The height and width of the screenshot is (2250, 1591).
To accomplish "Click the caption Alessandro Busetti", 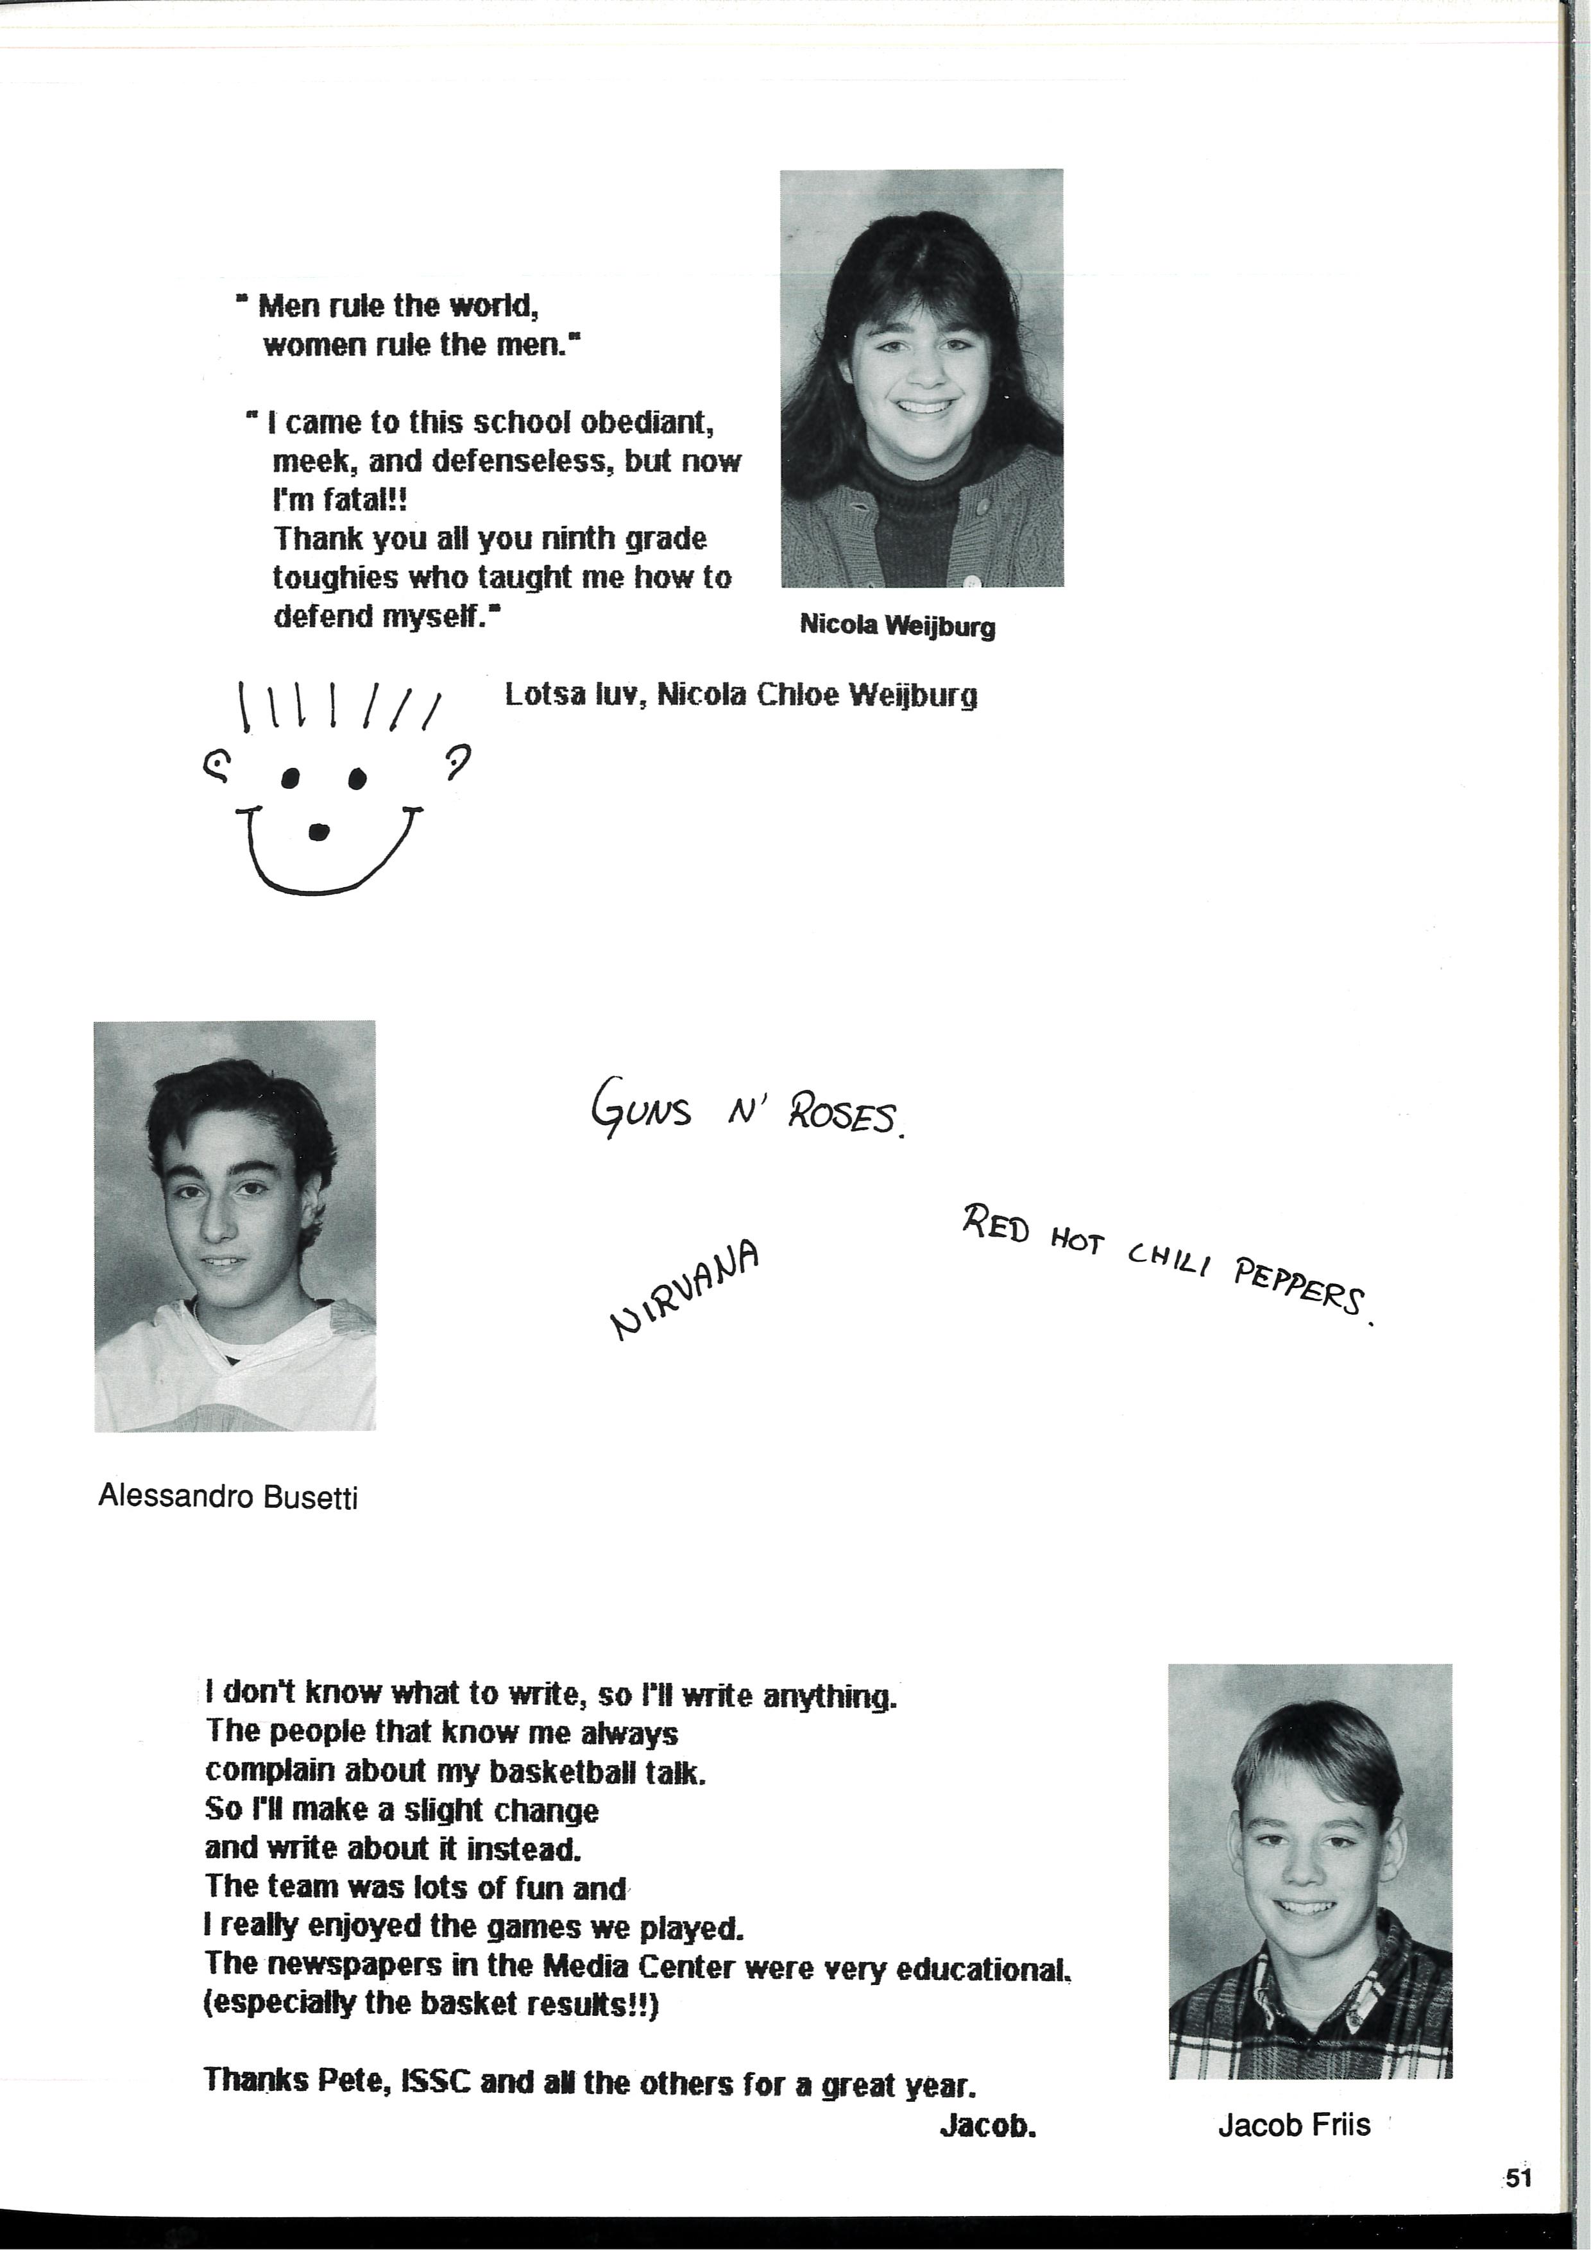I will (x=228, y=1496).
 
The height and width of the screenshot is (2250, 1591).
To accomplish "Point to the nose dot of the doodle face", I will (x=319, y=832).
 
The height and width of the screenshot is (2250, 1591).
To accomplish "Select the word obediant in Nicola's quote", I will (x=646, y=423).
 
